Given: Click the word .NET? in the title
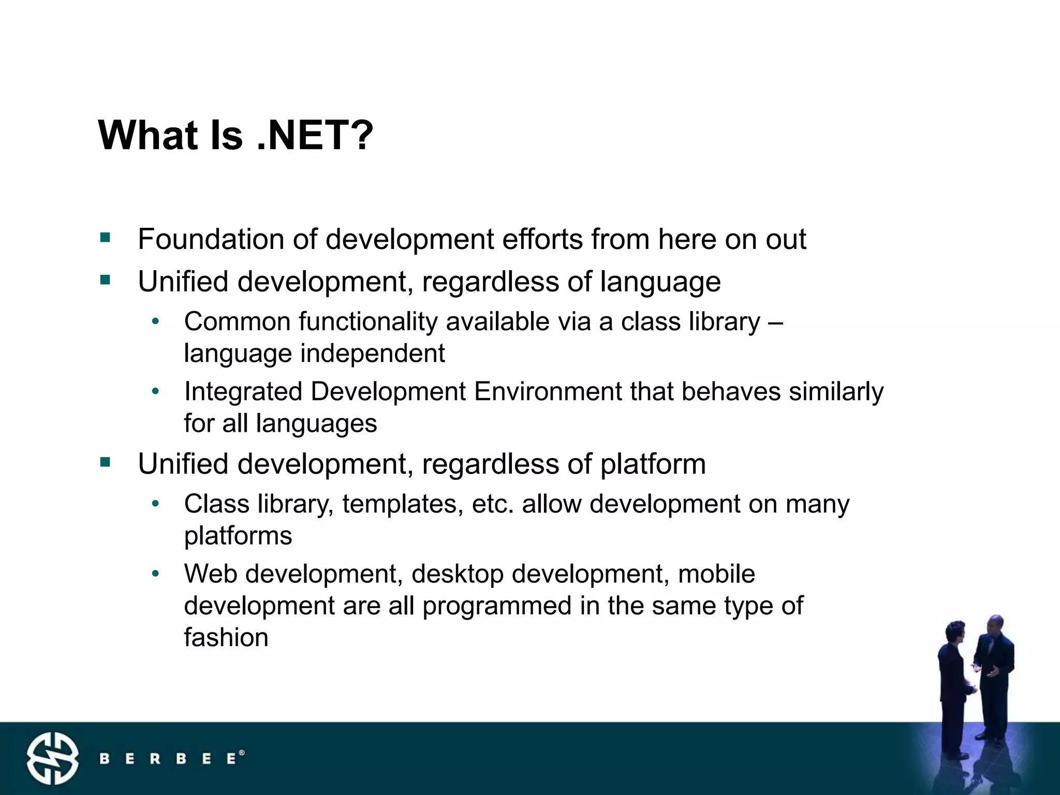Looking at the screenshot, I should click(315, 136).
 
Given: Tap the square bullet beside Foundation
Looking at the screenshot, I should click(106, 238).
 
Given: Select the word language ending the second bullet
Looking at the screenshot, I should click(660, 283).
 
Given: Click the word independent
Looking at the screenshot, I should click(373, 354).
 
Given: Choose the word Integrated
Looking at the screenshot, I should click(243, 391).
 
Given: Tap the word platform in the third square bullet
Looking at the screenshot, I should click(653, 464).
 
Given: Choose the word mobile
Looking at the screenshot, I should click(716, 573).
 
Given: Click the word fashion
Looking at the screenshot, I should click(226, 637).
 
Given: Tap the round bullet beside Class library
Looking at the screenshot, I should click(155, 503).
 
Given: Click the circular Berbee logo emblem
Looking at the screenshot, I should click(53, 759).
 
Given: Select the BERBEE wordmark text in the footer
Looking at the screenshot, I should click(170, 759).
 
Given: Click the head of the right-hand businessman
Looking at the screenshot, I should click(995, 627).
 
